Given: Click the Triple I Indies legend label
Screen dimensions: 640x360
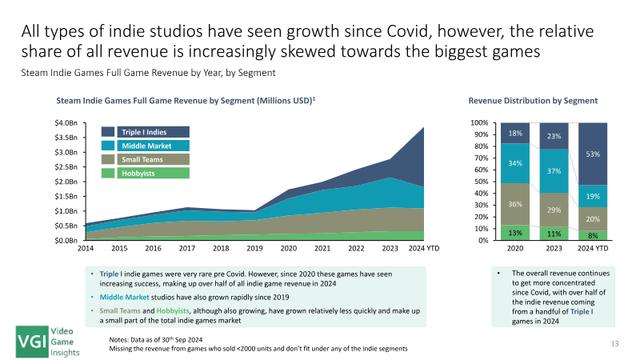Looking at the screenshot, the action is click(x=153, y=132).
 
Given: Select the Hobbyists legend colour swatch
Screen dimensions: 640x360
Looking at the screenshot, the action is click(x=108, y=173).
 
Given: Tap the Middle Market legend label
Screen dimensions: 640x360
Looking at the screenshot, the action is click(x=153, y=146).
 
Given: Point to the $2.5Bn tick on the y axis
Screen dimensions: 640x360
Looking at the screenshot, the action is click(x=66, y=167).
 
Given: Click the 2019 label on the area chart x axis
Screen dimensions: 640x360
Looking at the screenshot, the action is click(x=254, y=248).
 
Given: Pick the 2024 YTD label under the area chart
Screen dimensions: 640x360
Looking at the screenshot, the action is click(x=424, y=248).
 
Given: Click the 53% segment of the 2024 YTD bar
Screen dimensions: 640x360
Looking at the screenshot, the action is click(x=593, y=154).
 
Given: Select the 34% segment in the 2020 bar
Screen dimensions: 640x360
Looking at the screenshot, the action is click(x=515, y=163).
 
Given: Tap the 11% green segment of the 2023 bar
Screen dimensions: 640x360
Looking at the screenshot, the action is click(x=554, y=234).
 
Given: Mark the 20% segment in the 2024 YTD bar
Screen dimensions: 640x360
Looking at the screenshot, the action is click(x=593, y=219).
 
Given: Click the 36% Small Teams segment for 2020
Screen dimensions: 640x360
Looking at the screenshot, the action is click(x=515, y=204).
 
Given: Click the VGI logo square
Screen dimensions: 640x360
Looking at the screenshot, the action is click(x=32, y=342).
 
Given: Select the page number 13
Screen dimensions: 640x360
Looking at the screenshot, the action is click(x=614, y=344).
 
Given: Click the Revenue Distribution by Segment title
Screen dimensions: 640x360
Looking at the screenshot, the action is click(x=533, y=101).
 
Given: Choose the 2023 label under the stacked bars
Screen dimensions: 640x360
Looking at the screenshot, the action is click(x=554, y=248).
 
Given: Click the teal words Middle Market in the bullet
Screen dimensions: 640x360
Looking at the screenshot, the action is click(x=124, y=297).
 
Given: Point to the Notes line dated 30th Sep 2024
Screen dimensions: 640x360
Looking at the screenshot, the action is click(x=155, y=339).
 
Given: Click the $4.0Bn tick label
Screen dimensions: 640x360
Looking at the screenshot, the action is click(x=66, y=123).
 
